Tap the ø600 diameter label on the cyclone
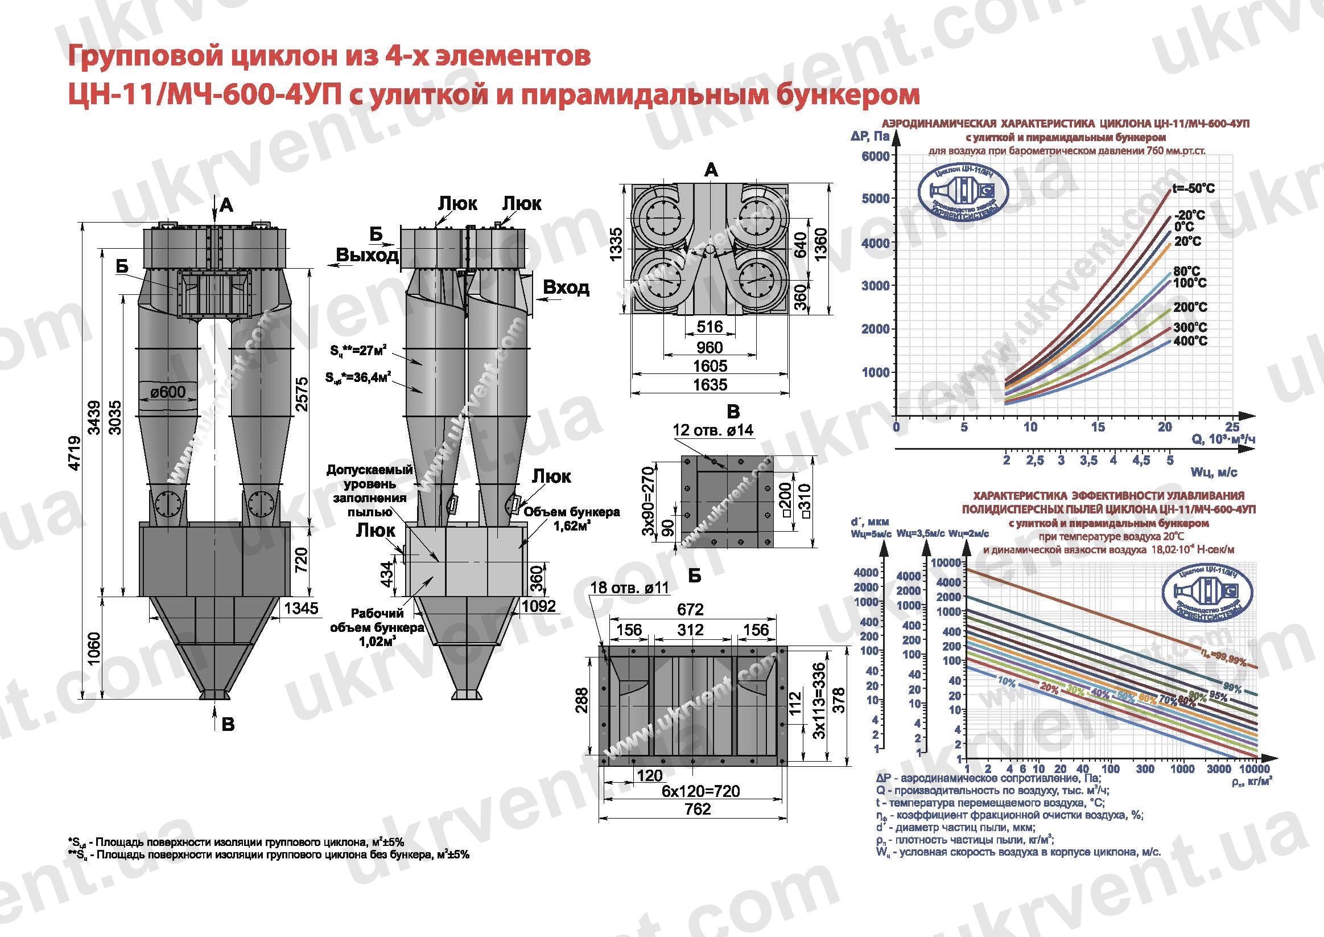point(168,392)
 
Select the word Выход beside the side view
point(367,254)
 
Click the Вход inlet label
point(566,287)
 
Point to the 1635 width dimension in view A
point(710,385)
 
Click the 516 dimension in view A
point(710,327)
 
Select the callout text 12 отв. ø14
point(712,430)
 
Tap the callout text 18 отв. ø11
point(629,588)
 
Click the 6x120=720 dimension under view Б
point(700,791)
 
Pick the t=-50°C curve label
point(1193,188)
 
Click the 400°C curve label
point(1190,341)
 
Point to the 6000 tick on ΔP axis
point(875,156)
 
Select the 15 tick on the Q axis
point(1098,427)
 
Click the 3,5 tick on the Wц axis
point(1088,461)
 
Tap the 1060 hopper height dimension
point(94,648)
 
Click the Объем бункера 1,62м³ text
point(571,519)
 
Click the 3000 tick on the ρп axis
point(1219,769)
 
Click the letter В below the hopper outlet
point(228,724)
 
